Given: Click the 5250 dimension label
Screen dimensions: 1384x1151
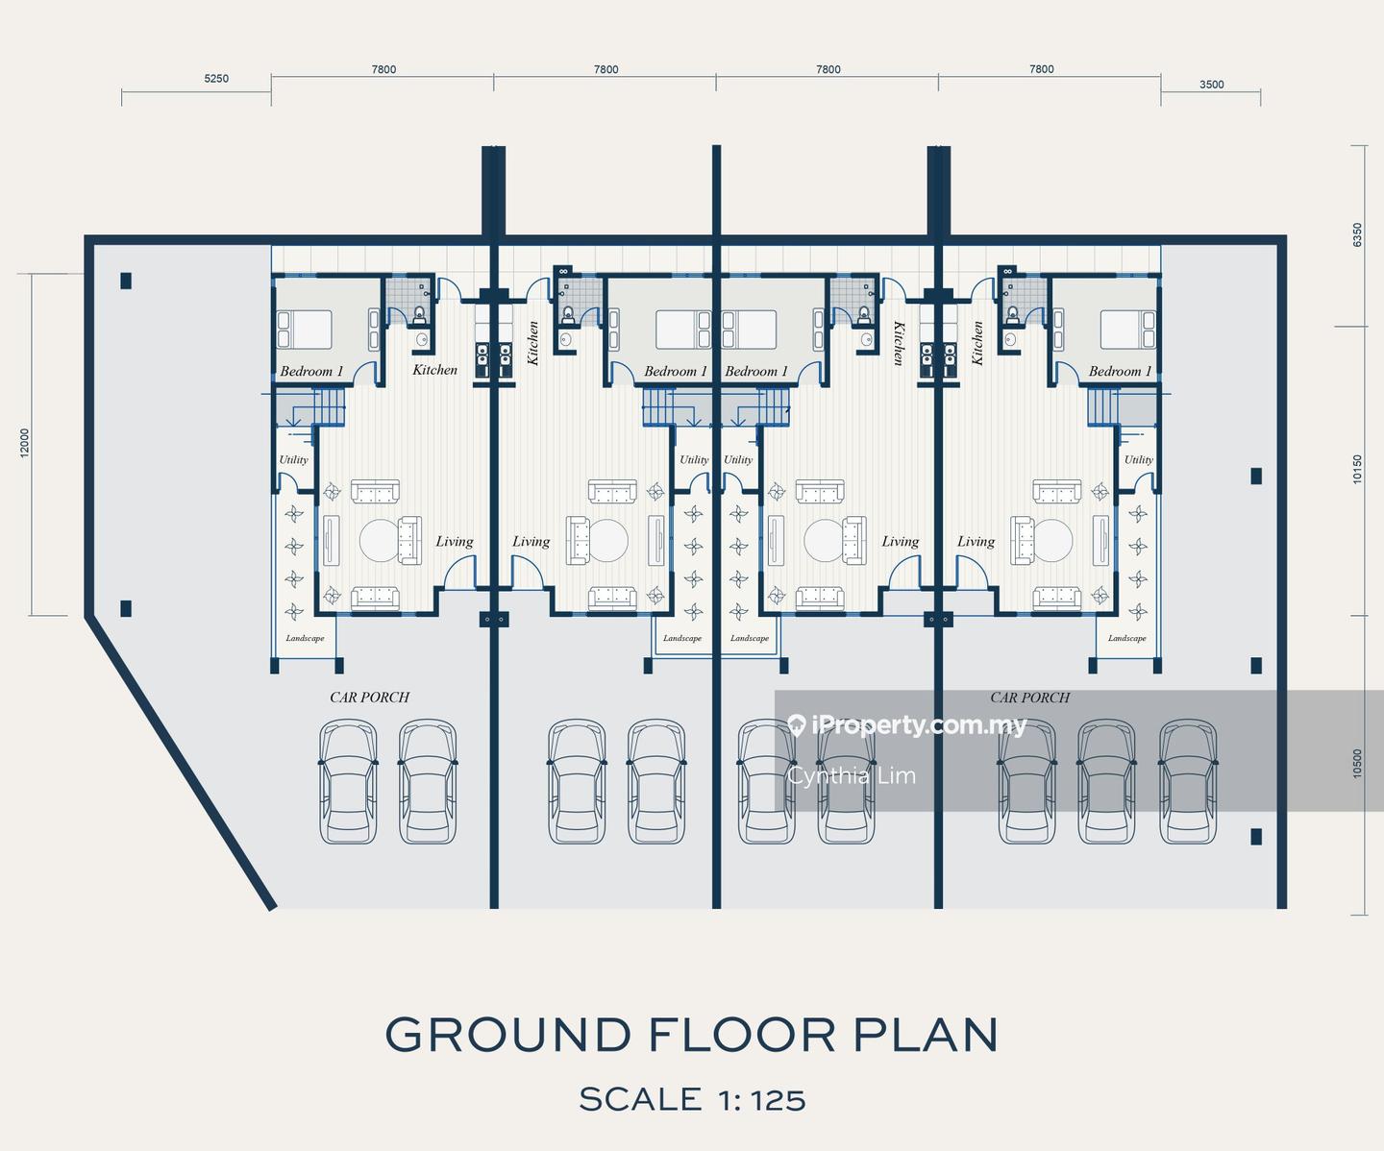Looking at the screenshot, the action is click(216, 79).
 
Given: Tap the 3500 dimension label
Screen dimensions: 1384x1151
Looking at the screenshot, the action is click(1212, 85).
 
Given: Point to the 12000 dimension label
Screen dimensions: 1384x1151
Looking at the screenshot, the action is click(25, 443).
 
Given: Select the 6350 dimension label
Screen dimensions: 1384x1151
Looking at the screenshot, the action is click(1357, 235).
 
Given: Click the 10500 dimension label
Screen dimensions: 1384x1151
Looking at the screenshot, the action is click(1357, 764).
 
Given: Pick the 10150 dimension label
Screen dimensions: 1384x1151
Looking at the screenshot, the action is click(1357, 469).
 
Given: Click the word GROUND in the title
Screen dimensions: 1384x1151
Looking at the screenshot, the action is click(507, 1035).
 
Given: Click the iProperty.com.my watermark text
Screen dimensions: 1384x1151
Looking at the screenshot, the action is click(919, 725).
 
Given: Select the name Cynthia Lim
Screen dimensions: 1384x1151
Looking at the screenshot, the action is click(852, 775).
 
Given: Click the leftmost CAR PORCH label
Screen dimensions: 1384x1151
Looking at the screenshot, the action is click(370, 698).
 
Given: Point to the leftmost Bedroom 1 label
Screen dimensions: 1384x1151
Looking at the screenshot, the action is click(311, 371).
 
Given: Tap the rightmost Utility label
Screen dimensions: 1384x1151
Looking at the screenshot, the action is click(1138, 460).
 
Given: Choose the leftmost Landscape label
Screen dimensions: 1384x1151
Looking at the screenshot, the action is click(305, 638).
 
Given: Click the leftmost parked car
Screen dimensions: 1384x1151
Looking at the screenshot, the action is click(348, 782).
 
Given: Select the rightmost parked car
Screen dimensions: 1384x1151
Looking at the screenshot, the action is click(1188, 782).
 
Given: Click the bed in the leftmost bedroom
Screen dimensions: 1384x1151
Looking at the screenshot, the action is click(305, 330).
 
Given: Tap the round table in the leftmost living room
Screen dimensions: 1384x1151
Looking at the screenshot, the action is click(380, 541).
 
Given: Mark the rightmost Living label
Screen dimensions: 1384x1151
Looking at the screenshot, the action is click(976, 542).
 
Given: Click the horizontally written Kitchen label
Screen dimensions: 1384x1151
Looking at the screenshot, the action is click(434, 370).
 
